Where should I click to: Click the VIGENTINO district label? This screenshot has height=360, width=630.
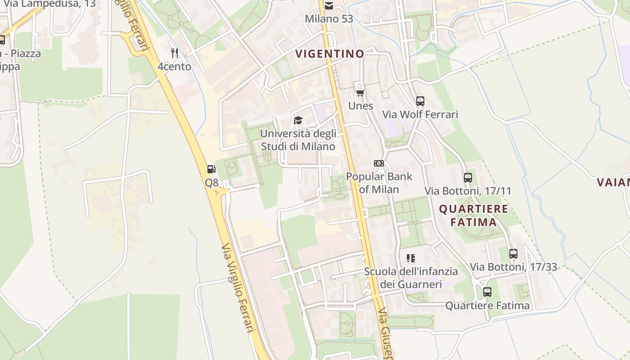coord(329,54)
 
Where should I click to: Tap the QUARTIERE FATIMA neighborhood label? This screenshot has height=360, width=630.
coord(473,216)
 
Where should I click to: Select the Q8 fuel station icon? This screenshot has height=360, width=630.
coord(211,170)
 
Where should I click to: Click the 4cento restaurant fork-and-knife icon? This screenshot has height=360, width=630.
coord(175,53)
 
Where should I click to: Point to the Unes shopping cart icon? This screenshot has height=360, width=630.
coord(360,93)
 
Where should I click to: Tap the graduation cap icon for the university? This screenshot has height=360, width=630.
coord(298,120)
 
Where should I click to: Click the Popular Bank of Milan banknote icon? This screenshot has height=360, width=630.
coord(379,163)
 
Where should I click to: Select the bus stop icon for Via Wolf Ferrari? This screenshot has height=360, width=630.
coord(420,101)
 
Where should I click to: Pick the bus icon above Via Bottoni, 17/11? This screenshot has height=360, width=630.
coord(468,177)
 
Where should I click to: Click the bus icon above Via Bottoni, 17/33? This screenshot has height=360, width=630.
coord(513,253)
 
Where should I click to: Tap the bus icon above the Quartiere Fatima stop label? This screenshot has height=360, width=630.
coord(487,292)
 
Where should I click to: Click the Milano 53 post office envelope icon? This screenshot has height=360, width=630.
coord(329,6)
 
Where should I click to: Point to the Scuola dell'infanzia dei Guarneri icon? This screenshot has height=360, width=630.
coord(410,258)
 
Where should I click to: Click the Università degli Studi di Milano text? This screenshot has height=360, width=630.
coord(298,140)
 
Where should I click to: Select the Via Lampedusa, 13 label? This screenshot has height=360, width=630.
coord(49,4)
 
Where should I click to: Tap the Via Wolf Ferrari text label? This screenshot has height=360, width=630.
coord(420,115)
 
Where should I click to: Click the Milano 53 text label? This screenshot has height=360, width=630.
coord(329,19)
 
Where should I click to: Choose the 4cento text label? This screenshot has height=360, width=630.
coord(174,67)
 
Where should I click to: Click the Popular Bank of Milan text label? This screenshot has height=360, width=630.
coord(379,183)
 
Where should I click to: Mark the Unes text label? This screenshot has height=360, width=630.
coord(360,106)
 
